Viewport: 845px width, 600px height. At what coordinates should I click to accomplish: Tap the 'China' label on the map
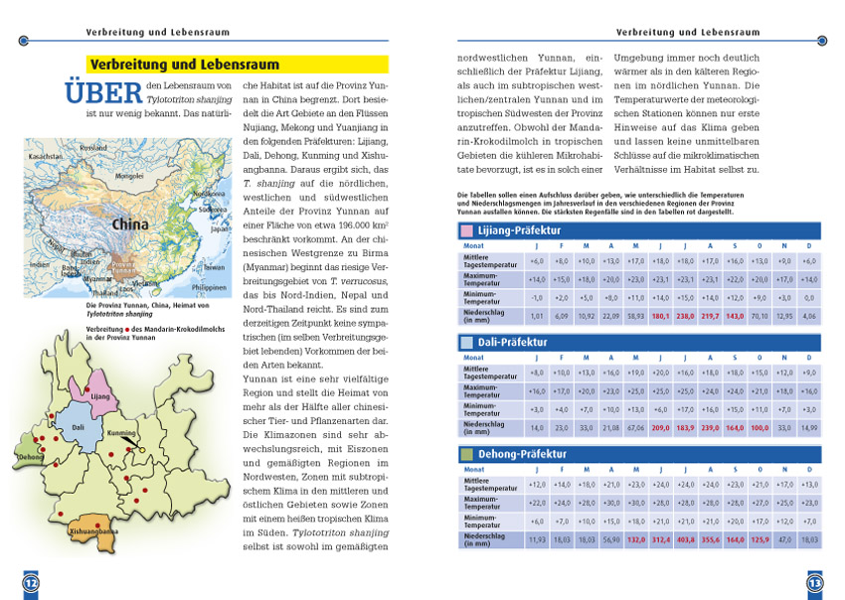tap(129, 225)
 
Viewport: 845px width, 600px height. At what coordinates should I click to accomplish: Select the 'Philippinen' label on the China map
tap(211, 286)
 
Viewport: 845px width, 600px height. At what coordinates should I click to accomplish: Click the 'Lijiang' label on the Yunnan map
tap(100, 395)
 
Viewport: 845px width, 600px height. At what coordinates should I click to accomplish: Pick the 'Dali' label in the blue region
tap(78, 426)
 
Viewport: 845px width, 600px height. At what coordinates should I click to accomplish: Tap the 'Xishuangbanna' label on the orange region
tap(94, 532)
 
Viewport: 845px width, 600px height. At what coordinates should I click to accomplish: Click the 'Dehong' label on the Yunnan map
tap(31, 457)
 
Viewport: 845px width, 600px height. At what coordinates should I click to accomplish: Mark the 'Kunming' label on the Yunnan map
tap(121, 433)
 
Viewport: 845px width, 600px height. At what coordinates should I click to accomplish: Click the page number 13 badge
tap(814, 580)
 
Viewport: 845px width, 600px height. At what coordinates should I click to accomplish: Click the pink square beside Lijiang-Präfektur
tap(467, 231)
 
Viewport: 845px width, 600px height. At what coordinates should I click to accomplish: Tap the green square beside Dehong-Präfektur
tap(467, 454)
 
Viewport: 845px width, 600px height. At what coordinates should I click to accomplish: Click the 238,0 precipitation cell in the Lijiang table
tap(685, 316)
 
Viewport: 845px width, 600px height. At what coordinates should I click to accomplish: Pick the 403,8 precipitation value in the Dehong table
tap(685, 539)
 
